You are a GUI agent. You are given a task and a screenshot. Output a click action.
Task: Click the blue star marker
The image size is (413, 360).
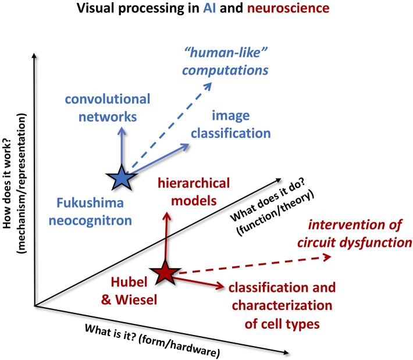point(122,177)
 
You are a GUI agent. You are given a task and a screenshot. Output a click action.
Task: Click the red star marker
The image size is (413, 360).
point(166,272)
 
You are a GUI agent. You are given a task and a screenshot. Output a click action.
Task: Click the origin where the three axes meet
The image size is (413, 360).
point(35,305)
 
